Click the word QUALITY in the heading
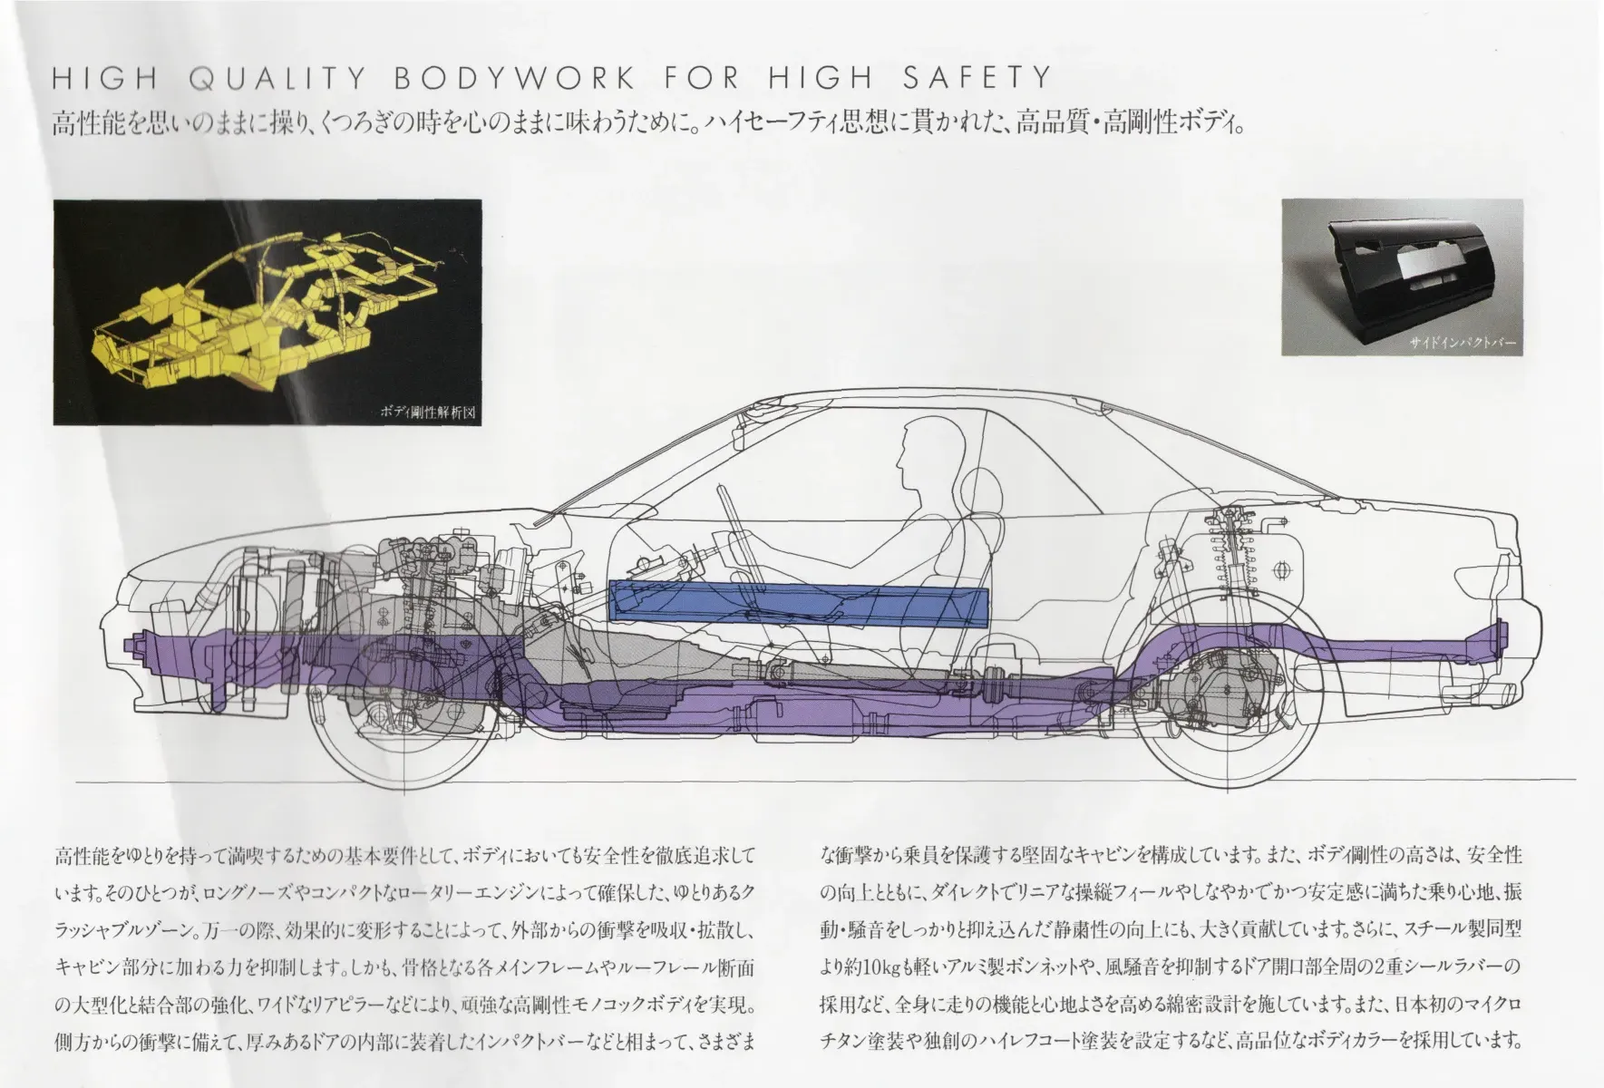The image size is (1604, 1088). (x=278, y=79)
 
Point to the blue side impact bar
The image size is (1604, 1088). (x=799, y=604)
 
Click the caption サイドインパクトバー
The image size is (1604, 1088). (x=1462, y=344)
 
